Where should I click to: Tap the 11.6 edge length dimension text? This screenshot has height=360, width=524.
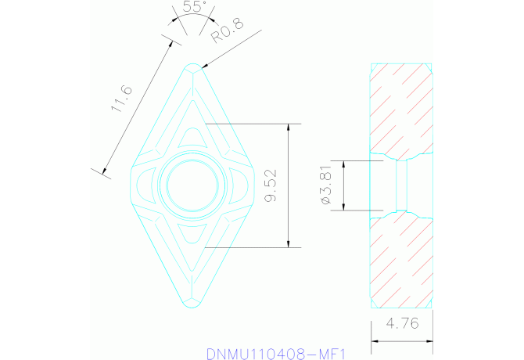coord(122,99)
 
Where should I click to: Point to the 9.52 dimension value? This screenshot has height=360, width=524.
coord(271,185)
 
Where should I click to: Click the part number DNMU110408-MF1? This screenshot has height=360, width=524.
coord(276,353)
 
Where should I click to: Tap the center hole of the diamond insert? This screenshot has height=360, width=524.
coord(193,186)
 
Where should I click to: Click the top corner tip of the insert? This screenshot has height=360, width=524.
coord(194,65)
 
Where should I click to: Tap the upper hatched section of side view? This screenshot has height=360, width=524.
coord(400,110)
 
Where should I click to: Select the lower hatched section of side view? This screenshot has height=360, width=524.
coord(400,262)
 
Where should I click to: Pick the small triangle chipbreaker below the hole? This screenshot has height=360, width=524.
coord(193,234)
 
